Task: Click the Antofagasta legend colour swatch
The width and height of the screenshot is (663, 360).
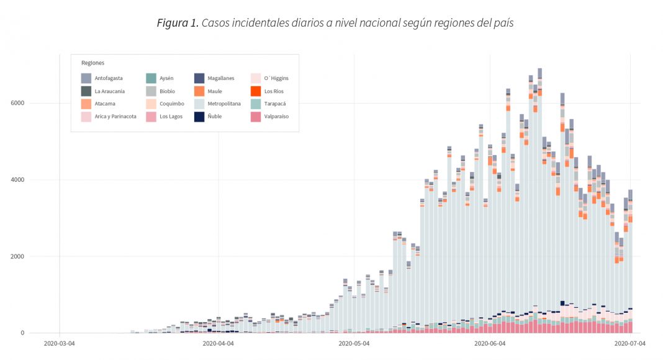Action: (86, 78)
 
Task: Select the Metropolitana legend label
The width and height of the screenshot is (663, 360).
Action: (224, 104)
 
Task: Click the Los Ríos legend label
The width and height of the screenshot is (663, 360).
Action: (274, 91)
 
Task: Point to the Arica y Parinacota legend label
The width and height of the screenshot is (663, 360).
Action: (115, 116)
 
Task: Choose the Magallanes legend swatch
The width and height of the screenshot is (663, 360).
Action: (199, 78)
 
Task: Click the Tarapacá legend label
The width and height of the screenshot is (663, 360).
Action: (275, 104)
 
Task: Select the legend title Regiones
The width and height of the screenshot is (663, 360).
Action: (92, 63)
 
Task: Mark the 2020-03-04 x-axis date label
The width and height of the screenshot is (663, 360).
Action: (59, 343)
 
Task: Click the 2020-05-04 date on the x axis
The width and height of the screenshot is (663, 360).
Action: (354, 343)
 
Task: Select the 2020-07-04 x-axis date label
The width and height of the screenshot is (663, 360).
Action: (630, 343)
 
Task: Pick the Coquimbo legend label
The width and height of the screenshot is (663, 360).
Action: (172, 104)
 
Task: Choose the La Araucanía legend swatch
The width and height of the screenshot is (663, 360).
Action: (86, 91)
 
